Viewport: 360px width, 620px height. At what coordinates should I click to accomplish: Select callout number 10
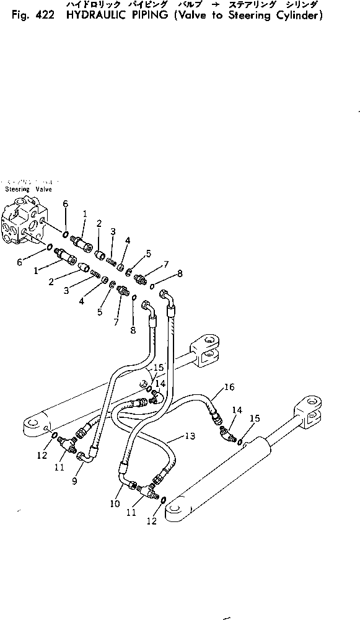[x=115, y=503]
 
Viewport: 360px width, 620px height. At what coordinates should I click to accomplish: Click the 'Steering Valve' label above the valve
[x=28, y=188]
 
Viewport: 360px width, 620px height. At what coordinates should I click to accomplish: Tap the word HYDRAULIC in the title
[x=92, y=16]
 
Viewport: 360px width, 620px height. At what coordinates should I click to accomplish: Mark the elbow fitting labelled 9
[x=86, y=458]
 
